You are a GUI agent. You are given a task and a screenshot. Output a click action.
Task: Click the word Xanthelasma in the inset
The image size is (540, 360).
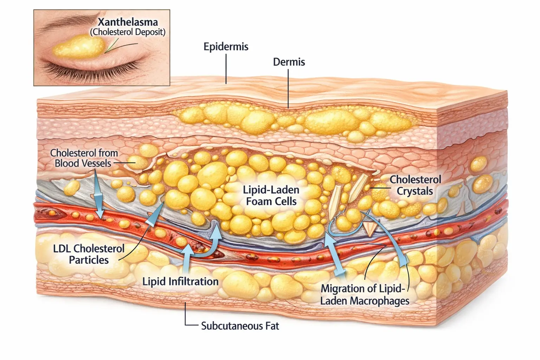tap(128, 22)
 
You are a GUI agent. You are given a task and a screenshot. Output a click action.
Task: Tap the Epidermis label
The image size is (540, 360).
tap(226, 47)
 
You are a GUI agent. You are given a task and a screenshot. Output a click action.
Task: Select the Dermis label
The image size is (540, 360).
tap(289, 62)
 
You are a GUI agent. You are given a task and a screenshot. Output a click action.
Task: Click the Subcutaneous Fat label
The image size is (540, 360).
tap(240, 326)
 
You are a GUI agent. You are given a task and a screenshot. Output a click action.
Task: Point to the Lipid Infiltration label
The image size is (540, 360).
tap(180, 281)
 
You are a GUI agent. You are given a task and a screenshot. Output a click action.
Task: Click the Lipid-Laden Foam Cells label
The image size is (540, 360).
tap(271, 195)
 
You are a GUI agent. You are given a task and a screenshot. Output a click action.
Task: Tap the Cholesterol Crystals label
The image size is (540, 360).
tap(415, 185)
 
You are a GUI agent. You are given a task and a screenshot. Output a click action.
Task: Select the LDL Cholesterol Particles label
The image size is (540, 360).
tap(89, 254)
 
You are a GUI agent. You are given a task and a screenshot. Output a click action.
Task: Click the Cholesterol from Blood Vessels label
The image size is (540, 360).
tap(84, 158)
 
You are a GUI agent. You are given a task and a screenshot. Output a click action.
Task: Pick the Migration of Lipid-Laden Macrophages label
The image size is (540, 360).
tap(365, 295)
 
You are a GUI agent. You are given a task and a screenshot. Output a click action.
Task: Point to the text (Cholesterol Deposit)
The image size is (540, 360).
tap(127, 32)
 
